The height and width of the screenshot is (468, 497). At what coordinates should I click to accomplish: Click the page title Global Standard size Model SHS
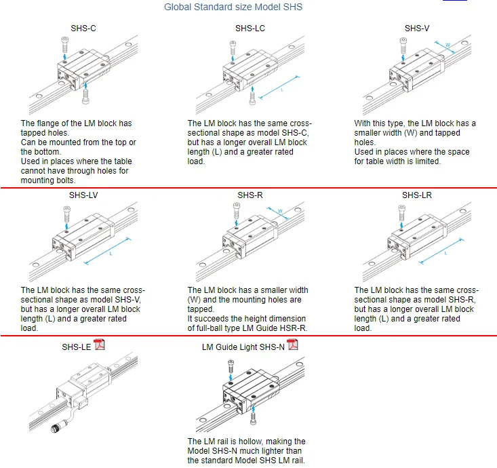coord(233,7)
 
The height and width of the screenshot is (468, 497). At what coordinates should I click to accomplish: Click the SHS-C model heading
coord(84,28)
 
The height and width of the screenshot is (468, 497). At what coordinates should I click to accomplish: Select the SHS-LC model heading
coord(250,28)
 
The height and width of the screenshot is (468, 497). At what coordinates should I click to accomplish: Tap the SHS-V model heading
coord(417,28)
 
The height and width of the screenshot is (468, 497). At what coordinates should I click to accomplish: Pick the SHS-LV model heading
coord(84,195)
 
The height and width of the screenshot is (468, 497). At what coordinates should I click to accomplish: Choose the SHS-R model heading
coord(250,195)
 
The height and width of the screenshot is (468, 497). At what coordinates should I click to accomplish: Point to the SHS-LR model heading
coord(417,195)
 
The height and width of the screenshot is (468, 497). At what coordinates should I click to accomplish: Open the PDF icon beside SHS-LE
coord(100,345)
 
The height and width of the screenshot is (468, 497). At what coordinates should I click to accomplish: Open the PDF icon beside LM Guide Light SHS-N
coord(293,345)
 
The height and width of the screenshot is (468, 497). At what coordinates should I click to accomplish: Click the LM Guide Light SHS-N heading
coord(243,347)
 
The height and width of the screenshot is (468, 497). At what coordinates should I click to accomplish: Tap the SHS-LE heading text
coord(76,347)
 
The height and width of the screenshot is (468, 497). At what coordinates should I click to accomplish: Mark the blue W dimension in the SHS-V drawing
coord(448,46)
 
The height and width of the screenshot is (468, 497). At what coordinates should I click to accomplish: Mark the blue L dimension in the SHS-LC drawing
coord(281,89)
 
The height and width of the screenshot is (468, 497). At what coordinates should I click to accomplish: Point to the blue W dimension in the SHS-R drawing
coord(280,212)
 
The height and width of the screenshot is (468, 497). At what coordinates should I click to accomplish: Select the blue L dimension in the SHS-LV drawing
coord(111,255)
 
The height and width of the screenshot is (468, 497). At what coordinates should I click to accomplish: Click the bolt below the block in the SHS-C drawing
coord(85,98)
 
